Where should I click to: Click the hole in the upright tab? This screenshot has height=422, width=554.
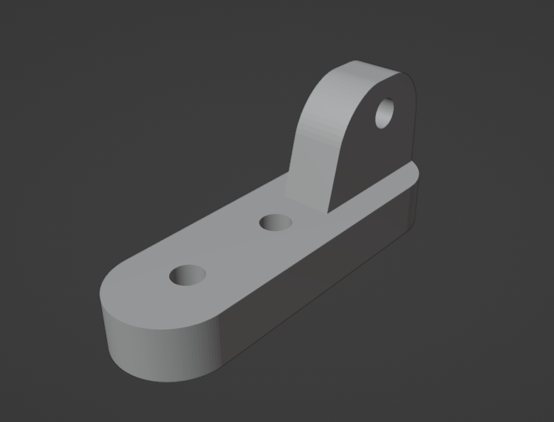point(385,113)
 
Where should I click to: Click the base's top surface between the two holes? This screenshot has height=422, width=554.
point(233,248)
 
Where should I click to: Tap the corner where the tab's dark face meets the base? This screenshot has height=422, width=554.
point(331,212)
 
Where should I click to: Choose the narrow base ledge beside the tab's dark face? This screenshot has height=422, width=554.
point(382,188)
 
